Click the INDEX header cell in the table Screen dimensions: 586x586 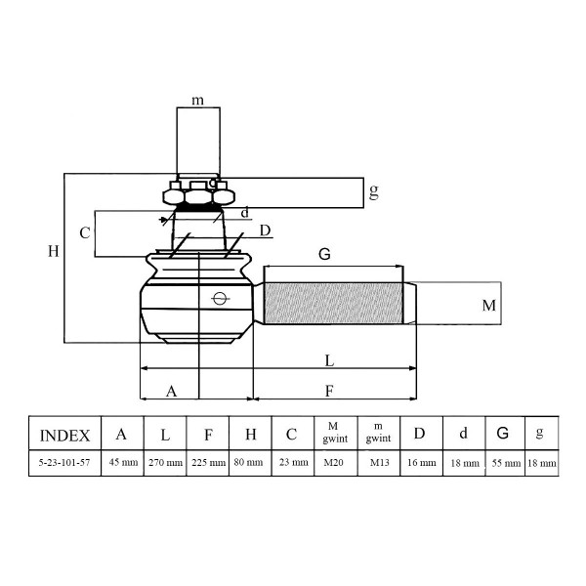(65, 434)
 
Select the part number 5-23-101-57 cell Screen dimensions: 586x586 (65, 463)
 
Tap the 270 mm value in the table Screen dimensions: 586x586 (165, 463)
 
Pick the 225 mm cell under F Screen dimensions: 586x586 (208, 463)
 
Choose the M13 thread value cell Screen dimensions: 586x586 (379, 463)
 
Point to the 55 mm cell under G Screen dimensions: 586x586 (506, 463)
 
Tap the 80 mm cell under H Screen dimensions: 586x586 (250, 463)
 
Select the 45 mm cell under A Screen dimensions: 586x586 (123, 463)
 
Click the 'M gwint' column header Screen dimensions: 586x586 (336, 433)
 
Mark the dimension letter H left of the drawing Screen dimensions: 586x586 (54, 251)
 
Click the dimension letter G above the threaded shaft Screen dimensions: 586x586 (324, 254)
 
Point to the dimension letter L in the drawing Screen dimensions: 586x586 (329, 361)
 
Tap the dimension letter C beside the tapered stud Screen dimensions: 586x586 (85, 233)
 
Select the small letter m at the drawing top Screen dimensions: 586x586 (197, 101)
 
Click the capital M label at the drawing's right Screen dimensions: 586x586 (489, 306)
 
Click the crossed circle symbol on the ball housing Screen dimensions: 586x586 (220, 298)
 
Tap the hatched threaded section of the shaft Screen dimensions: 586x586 (333, 303)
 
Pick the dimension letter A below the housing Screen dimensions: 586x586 (171, 392)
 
